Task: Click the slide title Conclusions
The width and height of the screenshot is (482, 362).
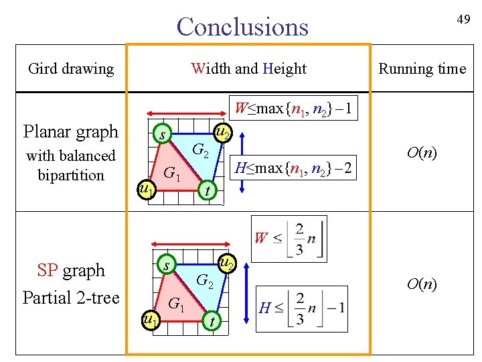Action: click(242, 27)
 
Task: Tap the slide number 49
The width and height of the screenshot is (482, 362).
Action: click(463, 19)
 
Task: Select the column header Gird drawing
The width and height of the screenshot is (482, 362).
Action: click(71, 68)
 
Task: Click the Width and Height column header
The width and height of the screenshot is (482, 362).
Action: click(248, 68)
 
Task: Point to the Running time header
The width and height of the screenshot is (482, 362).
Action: click(422, 68)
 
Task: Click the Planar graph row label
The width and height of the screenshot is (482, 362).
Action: click(70, 131)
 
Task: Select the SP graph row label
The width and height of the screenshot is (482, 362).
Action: click(72, 271)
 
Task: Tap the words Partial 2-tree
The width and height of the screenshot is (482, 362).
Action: click(70, 297)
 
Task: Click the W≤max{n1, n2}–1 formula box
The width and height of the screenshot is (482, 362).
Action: click(293, 108)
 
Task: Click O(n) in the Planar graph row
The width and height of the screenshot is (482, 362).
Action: click(422, 154)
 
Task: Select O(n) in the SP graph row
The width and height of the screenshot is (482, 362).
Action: click(422, 285)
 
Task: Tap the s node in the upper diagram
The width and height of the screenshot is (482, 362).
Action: click(161, 136)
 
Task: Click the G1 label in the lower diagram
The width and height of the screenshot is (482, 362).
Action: click(175, 303)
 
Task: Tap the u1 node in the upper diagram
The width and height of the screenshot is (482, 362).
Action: click(146, 190)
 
